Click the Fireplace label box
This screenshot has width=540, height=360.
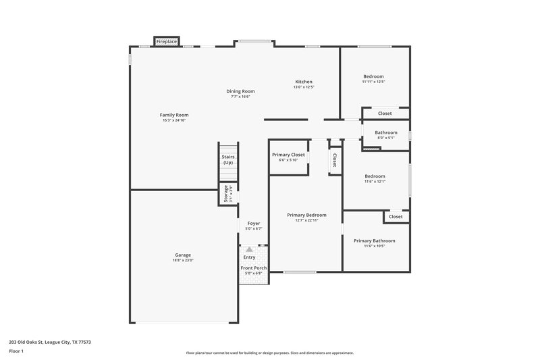(167, 42)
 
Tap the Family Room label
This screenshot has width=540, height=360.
(174, 115)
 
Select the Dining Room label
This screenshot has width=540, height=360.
(240, 91)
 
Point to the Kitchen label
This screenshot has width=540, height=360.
(303, 82)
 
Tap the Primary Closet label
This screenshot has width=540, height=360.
(288, 155)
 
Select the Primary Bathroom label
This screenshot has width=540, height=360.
(374, 240)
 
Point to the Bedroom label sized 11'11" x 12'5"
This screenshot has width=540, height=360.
(373, 76)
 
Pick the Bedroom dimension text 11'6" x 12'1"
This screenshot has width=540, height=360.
(375, 181)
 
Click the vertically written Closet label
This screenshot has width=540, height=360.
(334, 160)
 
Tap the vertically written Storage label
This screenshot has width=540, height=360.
(226, 195)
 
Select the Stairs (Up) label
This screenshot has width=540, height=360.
(228, 159)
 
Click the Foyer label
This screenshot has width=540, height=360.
(253, 223)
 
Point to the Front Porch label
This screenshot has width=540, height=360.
(254, 268)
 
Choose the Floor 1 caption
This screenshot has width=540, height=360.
(17, 352)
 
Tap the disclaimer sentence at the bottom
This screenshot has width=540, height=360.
(270, 353)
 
